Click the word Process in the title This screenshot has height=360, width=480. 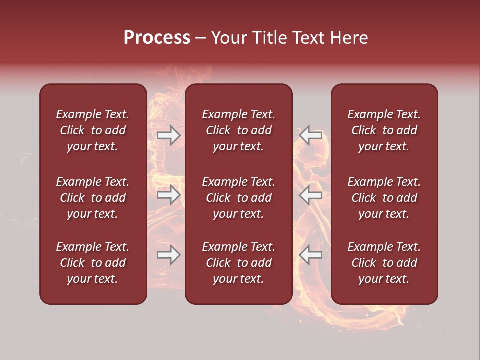coord(157,38)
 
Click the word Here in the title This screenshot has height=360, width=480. coord(348,38)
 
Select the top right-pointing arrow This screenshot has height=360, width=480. coord(168,135)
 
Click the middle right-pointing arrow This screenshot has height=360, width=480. coord(168,194)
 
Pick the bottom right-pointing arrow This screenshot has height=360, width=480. coord(168,255)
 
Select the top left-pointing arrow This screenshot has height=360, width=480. coord(310,135)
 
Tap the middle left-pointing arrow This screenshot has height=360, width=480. coord(310,194)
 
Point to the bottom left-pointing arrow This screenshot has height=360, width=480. coord(310,255)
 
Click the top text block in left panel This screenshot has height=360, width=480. coord(93,130)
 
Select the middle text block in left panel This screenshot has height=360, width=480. coord(93,198)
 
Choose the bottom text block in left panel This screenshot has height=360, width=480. coord(93,263)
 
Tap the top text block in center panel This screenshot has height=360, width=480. coord(238,130)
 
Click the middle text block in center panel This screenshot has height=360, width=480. coord(238,198)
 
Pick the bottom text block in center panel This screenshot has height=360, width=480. coord(238,263)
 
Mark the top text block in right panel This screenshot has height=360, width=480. coord(384,130)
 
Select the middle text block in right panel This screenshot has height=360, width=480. coord(384,198)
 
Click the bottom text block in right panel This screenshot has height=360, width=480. coord(384,263)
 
